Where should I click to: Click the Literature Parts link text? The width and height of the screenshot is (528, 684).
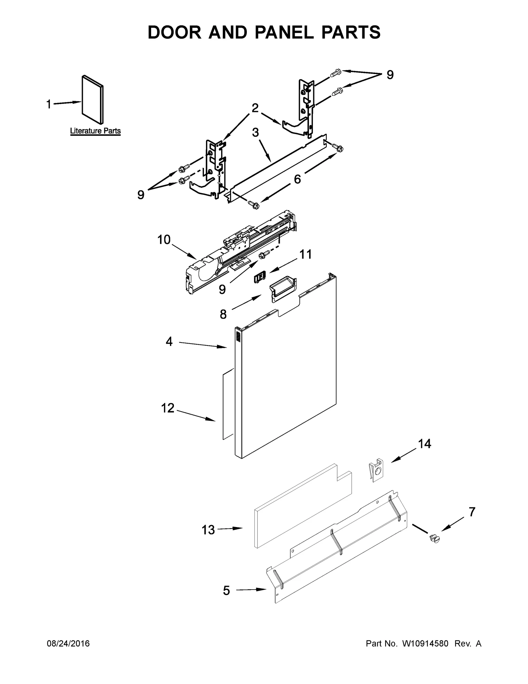(95, 131)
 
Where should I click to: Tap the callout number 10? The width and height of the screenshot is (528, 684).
(164, 240)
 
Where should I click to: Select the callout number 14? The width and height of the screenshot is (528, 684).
(425, 444)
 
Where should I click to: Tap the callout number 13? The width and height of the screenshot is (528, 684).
(208, 530)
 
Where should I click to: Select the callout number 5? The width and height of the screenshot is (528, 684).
(226, 590)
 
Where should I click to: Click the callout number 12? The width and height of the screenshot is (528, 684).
(168, 408)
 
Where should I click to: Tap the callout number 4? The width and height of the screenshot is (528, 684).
(169, 342)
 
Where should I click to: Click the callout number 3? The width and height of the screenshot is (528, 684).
(255, 132)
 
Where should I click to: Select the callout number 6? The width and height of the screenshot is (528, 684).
(297, 179)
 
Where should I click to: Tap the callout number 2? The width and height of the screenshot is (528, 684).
(255, 108)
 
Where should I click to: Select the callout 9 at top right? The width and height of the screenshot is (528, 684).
(390, 75)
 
